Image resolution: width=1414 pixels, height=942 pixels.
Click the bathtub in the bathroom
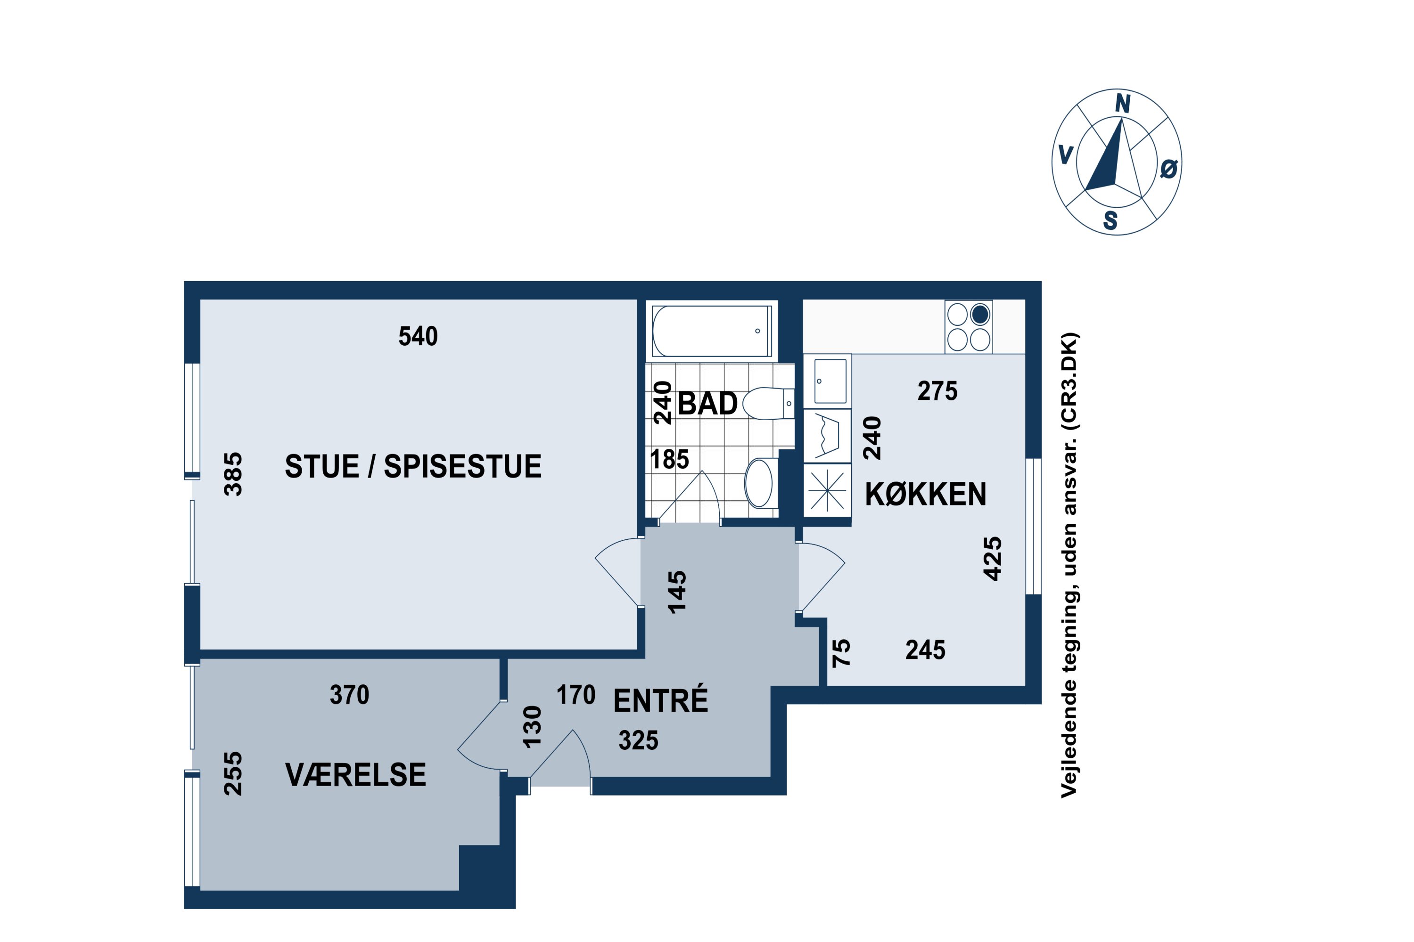(x=711, y=331)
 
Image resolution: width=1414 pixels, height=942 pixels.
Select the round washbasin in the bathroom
(x=759, y=483)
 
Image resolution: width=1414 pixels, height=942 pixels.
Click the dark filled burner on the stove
(x=980, y=314)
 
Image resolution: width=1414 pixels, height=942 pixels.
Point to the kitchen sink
(x=830, y=381)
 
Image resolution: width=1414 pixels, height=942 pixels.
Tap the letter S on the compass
(x=1110, y=220)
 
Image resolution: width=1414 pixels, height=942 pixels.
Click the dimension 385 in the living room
(x=233, y=474)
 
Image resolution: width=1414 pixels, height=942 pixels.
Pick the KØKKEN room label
(x=925, y=495)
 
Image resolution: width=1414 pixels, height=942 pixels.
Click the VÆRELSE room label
(x=355, y=775)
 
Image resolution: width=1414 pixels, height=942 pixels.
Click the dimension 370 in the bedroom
(x=349, y=695)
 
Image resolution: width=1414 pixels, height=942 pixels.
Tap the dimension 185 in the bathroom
(x=669, y=460)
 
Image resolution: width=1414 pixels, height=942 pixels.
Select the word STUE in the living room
(x=321, y=467)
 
